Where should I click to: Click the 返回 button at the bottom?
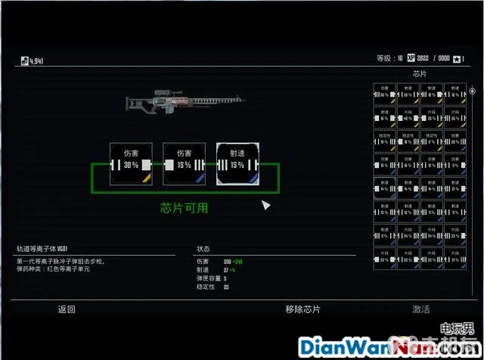[x=67, y=309]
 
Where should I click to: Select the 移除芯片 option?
[x=302, y=309]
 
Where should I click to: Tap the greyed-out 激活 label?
[x=421, y=309]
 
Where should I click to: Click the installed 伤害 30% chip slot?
[x=131, y=164]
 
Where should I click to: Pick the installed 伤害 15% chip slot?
[x=185, y=164]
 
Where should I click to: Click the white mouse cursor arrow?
[x=265, y=205]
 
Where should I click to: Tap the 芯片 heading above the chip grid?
[x=420, y=74]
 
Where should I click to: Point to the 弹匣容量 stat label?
[x=205, y=278]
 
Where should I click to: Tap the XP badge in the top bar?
[x=411, y=58]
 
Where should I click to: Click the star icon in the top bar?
[x=458, y=58]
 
